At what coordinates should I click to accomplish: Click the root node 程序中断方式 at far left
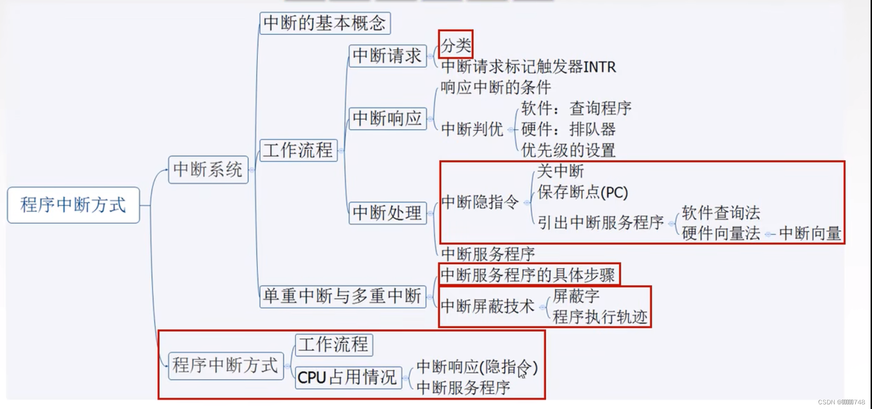pos(73,205)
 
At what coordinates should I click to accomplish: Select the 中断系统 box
pos(208,169)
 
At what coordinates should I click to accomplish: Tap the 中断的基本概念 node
pos(324,23)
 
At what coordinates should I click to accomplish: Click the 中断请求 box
pos(387,56)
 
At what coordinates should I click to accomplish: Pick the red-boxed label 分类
pos(455,45)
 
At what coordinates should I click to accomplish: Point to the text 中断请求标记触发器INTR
pos(528,67)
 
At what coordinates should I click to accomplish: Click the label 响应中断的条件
pos(496,88)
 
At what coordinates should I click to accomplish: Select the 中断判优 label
pos(472,129)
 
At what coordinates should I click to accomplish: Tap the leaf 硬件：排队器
pos(568,129)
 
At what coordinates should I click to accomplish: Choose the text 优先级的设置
pos(568,150)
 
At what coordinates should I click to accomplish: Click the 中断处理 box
pos(387,213)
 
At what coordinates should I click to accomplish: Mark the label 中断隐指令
pos(480,202)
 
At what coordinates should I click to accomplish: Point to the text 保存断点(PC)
pos(582,192)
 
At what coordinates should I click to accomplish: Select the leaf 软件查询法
pos(720,213)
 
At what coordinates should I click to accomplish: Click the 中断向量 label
pos(810,233)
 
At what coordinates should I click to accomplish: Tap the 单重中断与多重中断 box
pos(342,296)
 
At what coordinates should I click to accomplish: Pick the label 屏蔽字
pos(576,296)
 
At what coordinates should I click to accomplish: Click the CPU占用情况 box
pos(348,377)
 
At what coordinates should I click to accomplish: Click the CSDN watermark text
pos(841,402)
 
